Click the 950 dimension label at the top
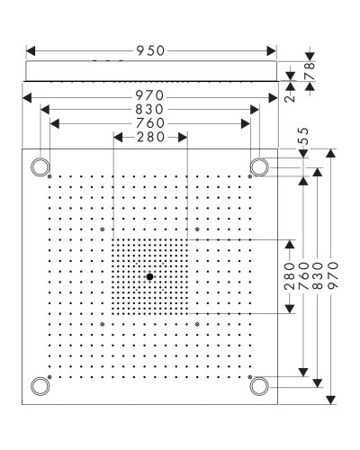[150, 51]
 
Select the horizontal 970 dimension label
[150, 93]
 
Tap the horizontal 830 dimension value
[150, 108]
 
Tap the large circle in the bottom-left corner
[40, 386]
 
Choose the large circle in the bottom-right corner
[259, 386]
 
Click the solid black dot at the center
[149, 276]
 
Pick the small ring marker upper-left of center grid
[103, 230]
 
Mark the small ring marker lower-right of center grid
[195, 322]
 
